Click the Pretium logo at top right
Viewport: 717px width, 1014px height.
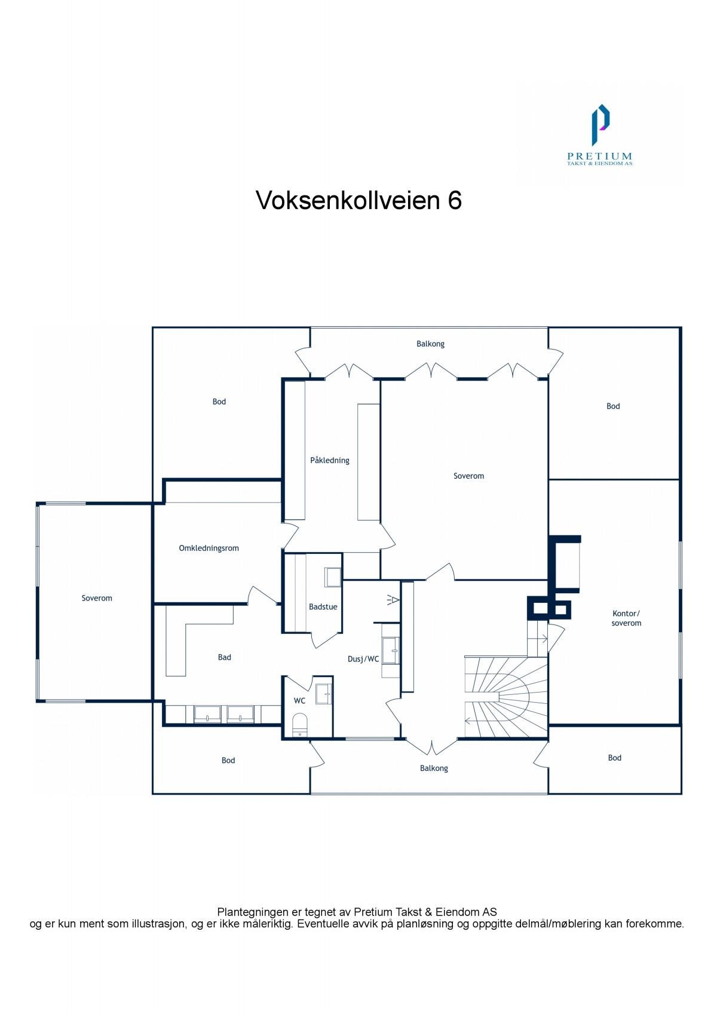click(599, 134)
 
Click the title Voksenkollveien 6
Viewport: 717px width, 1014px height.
click(358, 201)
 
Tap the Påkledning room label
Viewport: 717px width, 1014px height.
click(329, 460)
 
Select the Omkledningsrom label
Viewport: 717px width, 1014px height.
click(209, 548)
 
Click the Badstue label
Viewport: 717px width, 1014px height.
click(323, 606)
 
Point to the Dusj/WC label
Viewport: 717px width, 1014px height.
click(363, 659)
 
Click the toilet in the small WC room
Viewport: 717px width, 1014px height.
click(299, 724)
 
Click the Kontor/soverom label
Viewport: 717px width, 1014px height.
click(626, 618)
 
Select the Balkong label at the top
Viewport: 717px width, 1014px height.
click(430, 344)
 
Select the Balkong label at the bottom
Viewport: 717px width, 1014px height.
click(433, 768)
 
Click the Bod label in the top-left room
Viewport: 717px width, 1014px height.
click(219, 402)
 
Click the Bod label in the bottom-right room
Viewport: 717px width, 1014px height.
click(614, 758)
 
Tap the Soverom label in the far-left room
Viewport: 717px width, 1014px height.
click(97, 598)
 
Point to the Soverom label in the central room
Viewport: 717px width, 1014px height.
click(468, 476)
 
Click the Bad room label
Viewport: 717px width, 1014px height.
click(224, 657)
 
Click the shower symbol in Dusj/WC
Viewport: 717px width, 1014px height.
click(393, 599)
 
